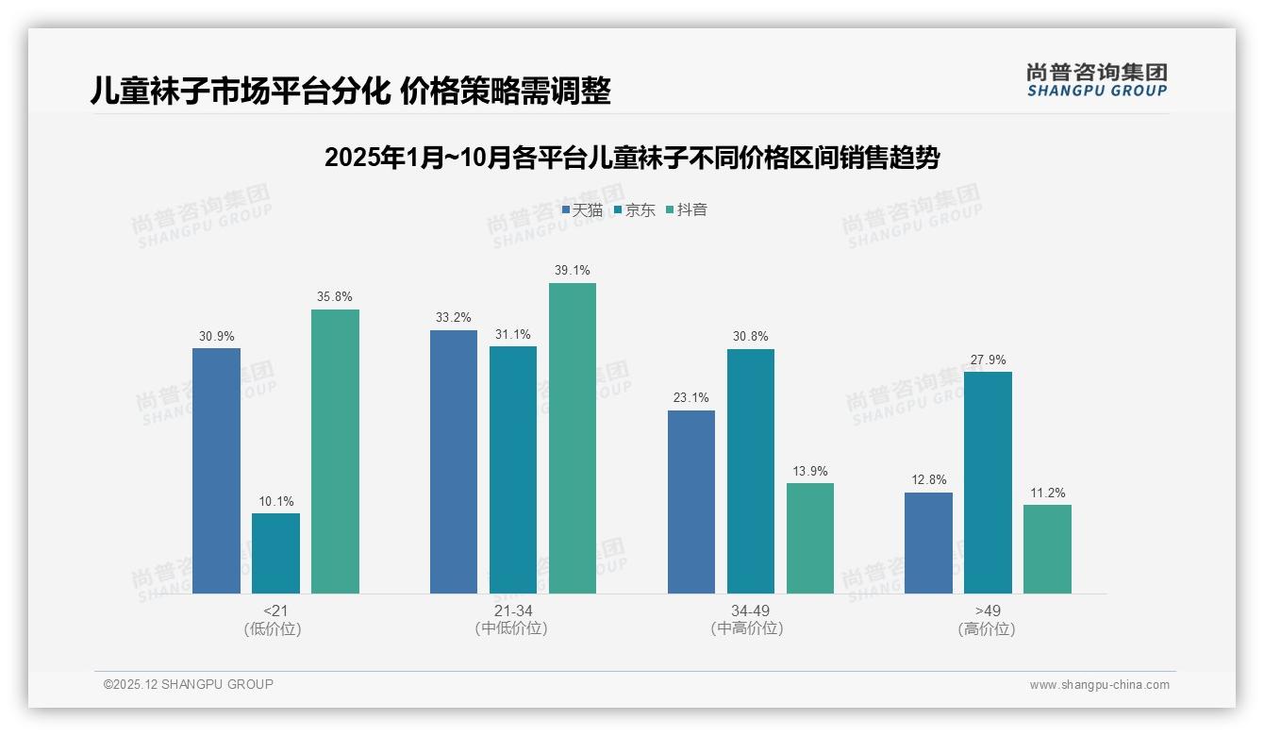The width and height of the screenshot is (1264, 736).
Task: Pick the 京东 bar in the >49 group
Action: pyautogui.click(x=988, y=482)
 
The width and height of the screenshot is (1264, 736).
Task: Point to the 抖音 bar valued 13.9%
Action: pyautogui.click(x=810, y=538)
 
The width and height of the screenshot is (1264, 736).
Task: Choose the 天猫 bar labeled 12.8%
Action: pyautogui.click(x=928, y=543)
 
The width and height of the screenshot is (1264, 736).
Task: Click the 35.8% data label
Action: pyautogui.click(x=335, y=296)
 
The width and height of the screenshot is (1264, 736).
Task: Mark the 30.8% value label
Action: pyautogui.click(x=751, y=336)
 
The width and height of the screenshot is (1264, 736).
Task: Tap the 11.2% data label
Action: pyautogui.click(x=1047, y=493)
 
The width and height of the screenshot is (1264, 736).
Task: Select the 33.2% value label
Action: pyautogui.click(x=454, y=317)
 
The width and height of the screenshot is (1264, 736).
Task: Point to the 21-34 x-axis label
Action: pyautogui.click(x=512, y=611)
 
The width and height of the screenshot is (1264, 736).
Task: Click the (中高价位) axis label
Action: pyautogui.click(x=746, y=628)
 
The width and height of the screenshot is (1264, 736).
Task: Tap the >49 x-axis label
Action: pyautogui.click(x=988, y=611)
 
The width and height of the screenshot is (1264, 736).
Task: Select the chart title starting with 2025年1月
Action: pyautogui.click(x=631, y=158)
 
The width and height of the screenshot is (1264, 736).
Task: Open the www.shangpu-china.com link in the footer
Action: pyautogui.click(x=1099, y=685)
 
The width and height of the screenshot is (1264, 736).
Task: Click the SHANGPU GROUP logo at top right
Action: pyautogui.click(x=1096, y=79)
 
